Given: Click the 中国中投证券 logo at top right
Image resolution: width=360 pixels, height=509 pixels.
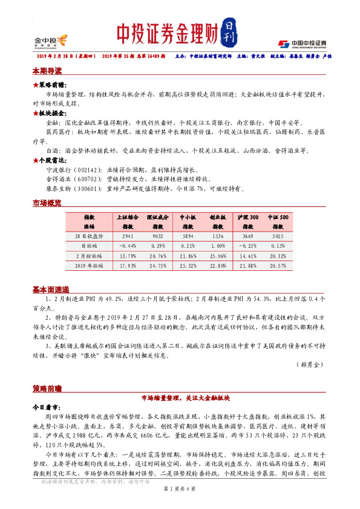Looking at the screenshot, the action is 302,43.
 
